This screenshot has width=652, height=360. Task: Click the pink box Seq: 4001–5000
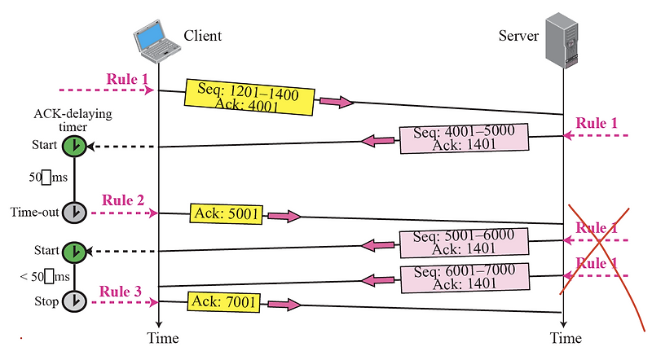pos(463,138)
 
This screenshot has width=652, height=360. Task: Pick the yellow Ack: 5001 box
pos(226,214)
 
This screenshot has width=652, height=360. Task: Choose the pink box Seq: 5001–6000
pos(463,241)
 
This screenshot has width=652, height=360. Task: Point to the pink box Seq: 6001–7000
pos(463,278)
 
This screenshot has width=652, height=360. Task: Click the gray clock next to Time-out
pos(74,212)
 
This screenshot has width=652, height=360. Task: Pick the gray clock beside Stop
pos(74,301)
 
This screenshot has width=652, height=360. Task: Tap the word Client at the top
pos(202,36)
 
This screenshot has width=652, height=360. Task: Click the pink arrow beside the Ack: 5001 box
pos(284,217)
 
